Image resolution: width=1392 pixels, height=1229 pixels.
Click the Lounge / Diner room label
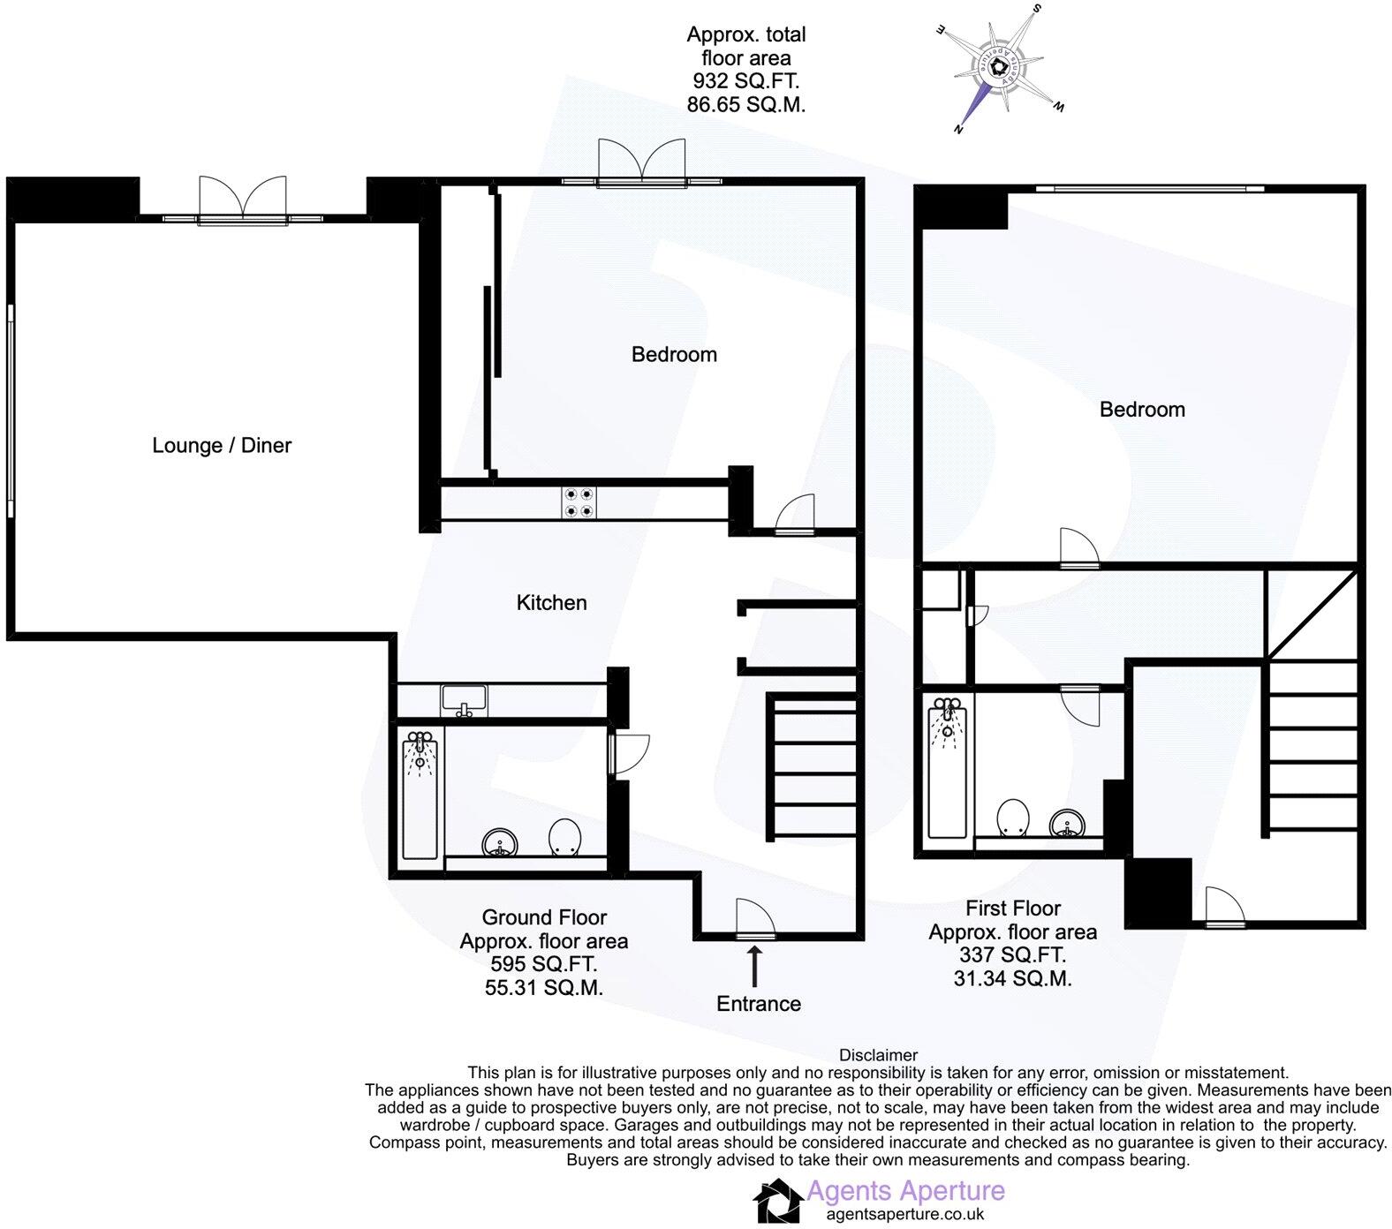coord(222,445)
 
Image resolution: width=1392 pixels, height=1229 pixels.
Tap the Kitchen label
coord(551,602)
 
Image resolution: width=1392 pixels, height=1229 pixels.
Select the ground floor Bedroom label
coord(674,354)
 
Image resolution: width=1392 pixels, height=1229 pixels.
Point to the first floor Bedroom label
coord(1142,409)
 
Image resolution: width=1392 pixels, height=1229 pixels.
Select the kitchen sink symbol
coord(464,702)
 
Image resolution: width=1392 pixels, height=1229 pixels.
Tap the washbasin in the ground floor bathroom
coord(501,843)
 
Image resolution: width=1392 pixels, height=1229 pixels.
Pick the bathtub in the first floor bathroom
coord(948,766)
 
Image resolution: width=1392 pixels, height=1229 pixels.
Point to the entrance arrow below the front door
coord(754,966)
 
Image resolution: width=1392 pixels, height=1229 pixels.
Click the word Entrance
coord(759,1004)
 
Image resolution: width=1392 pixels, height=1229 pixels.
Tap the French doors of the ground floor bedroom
coord(642,163)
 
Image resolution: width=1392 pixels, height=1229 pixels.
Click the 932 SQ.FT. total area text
coord(746,81)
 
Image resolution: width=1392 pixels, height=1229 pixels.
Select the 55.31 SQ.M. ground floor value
coord(544,988)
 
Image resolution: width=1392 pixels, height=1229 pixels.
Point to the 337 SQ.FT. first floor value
coord(1012,955)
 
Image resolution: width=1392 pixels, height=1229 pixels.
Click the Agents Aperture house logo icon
coord(778,1202)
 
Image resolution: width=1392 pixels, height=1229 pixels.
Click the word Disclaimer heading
coord(878,1055)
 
